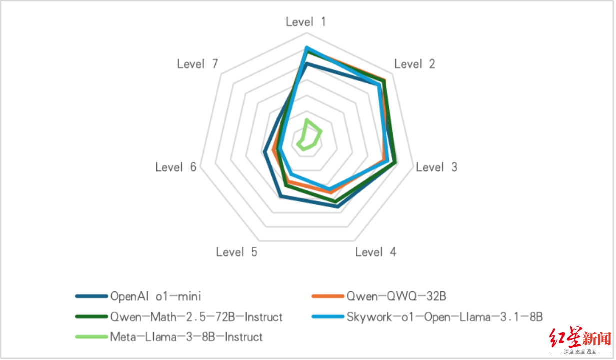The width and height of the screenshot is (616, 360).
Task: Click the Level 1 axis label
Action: pyautogui.click(x=306, y=22)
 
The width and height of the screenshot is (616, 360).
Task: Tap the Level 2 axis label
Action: pyautogui.click(x=414, y=64)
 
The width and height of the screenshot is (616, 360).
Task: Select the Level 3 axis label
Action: pyautogui.click(x=436, y=167)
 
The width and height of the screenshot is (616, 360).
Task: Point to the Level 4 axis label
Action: pyautogui.click(x=376, y=252)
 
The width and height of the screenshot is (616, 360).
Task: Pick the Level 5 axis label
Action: pyautogui.click(x=237, y=252)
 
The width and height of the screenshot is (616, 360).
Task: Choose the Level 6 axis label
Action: pyautogui.click(x=176, y=167)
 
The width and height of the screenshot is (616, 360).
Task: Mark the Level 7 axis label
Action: pyautogui.click(x=198, y=64)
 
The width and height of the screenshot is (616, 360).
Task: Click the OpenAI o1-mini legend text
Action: pyautogui.click(x=155, y=296)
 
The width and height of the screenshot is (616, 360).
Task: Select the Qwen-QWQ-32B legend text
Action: pyautogui.click(x=396, y=296)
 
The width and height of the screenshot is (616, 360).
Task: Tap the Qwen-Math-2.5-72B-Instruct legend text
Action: pyautogui.click(x=196, y=317)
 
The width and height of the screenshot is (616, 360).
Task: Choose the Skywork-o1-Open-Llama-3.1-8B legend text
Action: pyautogui.click(x=444, y=317)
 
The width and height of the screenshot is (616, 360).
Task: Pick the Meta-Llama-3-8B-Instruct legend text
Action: pyautogui.click(x=186, y=337)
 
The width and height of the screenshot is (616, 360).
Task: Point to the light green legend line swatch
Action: pyautogui.click(x=92, y=337)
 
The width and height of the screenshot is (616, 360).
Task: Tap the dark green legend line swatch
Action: pyautogui.click(x=92, y=317)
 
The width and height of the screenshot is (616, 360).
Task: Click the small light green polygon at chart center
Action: pyautogui.click(x=308, y=135)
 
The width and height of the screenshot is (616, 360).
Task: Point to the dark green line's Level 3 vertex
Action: pyautogui.click(x=396, y=162)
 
